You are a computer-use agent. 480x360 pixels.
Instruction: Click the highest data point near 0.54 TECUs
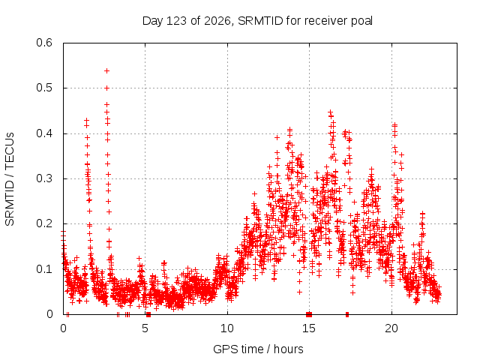point(106,71)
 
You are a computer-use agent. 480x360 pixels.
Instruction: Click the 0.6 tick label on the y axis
point(44,43)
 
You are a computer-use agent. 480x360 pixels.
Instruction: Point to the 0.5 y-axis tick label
point(44,88)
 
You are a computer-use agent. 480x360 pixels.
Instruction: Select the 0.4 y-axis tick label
point(44,133)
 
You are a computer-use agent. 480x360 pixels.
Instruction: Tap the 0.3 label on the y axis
point(44,178)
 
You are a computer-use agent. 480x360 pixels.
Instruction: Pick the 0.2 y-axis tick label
point(44,223)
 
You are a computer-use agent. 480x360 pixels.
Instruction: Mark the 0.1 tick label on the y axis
point(44,269)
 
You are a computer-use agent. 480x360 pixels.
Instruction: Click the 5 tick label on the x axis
point(145,328)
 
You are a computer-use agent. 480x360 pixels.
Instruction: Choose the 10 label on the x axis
point(227,328)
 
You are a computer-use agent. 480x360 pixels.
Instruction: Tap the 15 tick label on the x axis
point(309,328)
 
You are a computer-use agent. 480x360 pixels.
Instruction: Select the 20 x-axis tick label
point(391,328)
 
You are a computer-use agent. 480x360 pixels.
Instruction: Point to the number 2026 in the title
point(217,21)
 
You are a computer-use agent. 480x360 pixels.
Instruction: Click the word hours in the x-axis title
point(289,349)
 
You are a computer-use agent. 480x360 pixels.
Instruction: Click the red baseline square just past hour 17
point(347,314)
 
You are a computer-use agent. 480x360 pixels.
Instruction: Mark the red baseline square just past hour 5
point(148,314)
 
